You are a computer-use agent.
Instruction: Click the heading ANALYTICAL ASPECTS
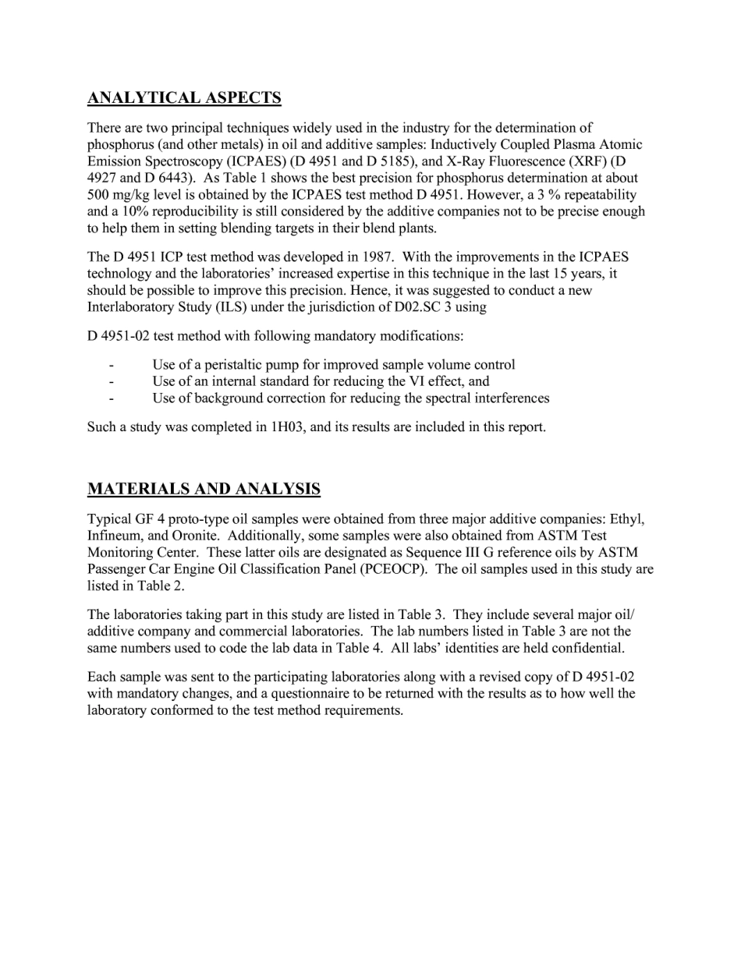tap(184, 97)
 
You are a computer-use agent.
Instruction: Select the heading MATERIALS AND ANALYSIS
tap(204, 489)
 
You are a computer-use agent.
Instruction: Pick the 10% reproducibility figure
tap(158, 211)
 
